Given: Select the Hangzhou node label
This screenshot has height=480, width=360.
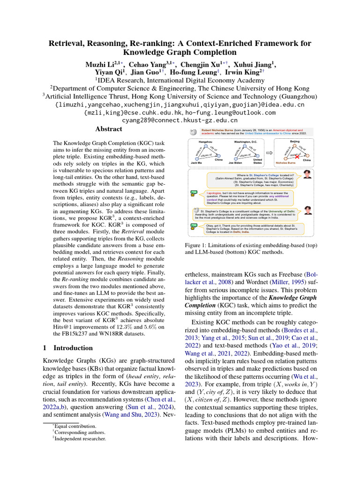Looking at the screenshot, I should tap(205, 141).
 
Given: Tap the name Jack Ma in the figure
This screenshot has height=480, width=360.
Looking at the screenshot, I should tap(196, 163).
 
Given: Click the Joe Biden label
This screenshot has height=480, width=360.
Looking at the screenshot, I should tap(235, 163).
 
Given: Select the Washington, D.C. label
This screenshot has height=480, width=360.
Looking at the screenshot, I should tap(245, 141).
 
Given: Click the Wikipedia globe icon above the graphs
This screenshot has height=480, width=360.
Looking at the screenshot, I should tap(193, 132).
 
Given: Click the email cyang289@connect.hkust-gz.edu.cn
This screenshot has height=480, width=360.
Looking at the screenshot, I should tap(180, 120).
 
